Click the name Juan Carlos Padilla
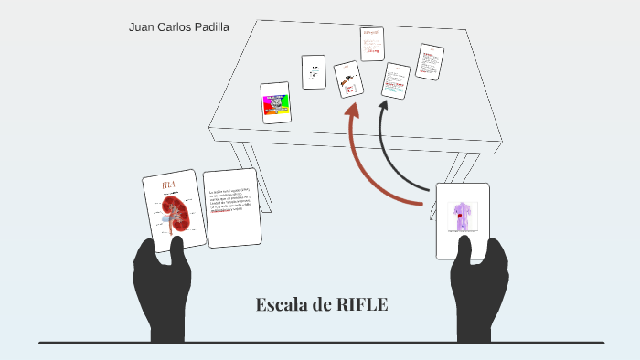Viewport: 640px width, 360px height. (x=178, y=26)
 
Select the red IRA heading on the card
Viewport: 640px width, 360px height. (x=168, y=186)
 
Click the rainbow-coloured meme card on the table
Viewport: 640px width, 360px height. (x=275, y=103)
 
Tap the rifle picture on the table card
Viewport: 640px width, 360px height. (x=347, y=80)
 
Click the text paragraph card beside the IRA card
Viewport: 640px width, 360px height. (x=232, y=207)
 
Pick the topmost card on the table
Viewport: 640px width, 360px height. (x=372, y=43)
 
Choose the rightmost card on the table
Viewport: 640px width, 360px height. (x=430, y=62)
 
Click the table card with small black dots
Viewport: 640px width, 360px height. (x=314, y=71)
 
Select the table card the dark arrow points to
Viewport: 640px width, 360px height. (x=396, y=80)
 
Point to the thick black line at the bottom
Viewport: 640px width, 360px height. (x=320, y=343)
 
